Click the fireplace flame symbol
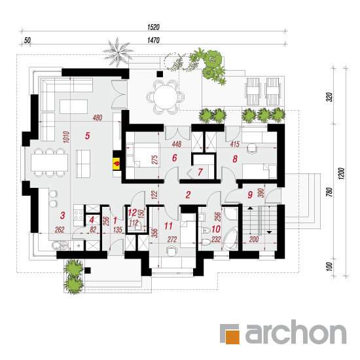coord(117,164)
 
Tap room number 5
coord(88,135)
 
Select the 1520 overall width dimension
coord(153,27)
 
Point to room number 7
coord(200,172)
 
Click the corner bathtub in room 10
coord(230,239)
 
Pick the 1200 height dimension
coord(342,173)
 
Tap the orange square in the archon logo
coord(232,337)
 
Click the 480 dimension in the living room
coord(98,118)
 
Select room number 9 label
coord(250,195)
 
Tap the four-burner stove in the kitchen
coord(78,215)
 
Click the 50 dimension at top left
coord(27,41)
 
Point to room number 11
coord(168,226)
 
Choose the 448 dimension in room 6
coord(177,144)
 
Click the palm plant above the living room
coord(118,52)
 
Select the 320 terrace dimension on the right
coord(329,98)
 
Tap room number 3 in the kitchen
coord(62,215)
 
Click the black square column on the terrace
coord(160,74)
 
